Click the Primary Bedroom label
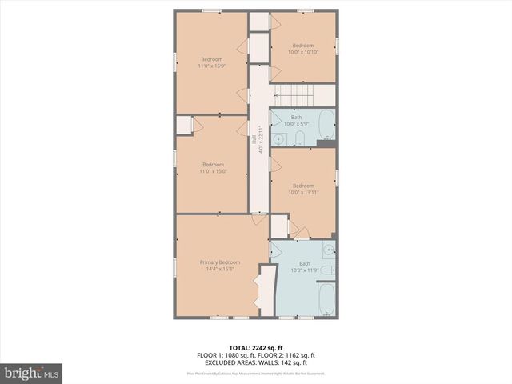pyautogui.click(x=219, y=262)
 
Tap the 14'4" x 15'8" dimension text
pyautogui.click(x=219, y=270)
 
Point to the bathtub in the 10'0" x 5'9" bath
pyautogui.click(x=326, y=124)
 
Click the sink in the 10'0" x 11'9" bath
pyautogui.click(x=328, y=251)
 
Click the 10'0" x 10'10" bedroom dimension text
pyautogui.click(x=303, y=52)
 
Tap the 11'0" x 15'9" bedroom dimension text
pyautogui.click(x=211, y=66)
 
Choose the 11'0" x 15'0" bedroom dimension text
pyautogui.click(x=211, y=171)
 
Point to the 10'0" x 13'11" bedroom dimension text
pyautogui.click(x=303, y=192)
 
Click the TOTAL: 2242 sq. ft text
pyautogui.click(x=255, y=348)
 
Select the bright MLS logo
pyautogui.click(x=32, y=373)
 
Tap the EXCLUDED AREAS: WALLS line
pyautogui.click(x=255, y=362)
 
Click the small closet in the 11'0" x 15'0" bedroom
pyautogui.click(x=184, y=126)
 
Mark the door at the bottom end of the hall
pyautogui.click(x=258, y=215)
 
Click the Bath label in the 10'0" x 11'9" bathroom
pyautogui.click(x=304, y=263)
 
